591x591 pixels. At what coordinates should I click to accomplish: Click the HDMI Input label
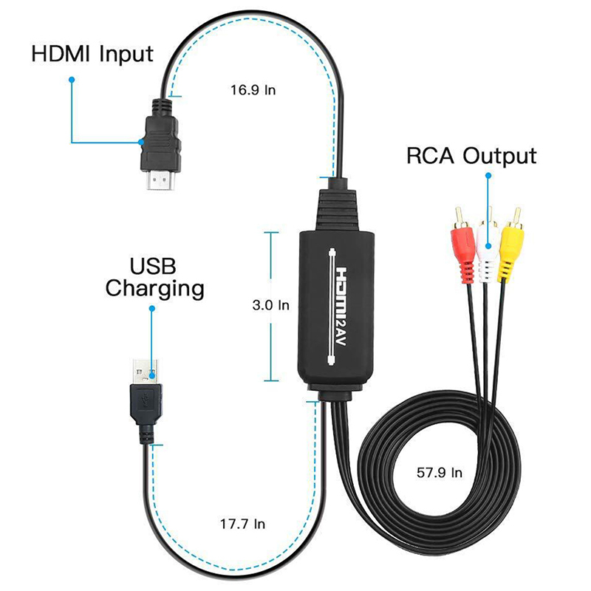click(92, 54)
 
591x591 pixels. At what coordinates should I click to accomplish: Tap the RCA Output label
click(471, 156)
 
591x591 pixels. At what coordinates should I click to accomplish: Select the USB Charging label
click(154, 277)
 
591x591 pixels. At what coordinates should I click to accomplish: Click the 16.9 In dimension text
click(253, 91)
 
